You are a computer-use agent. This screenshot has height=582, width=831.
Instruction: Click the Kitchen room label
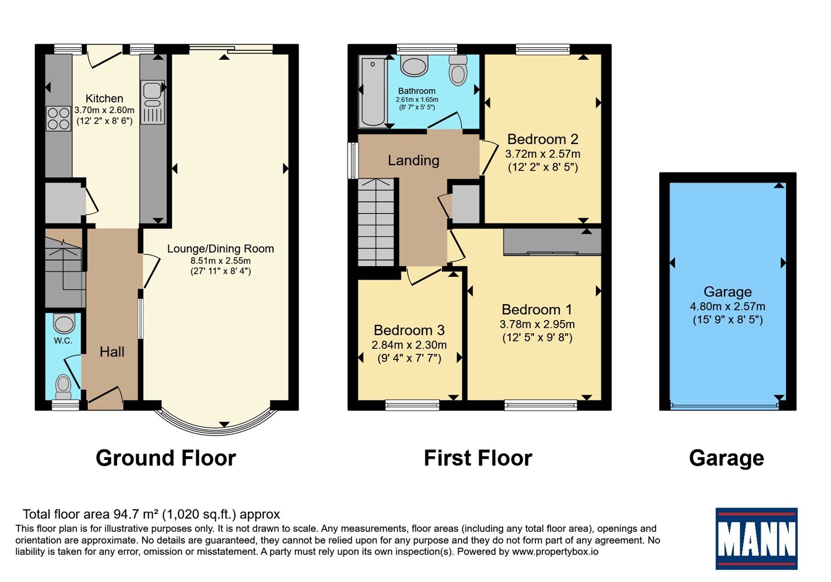104,98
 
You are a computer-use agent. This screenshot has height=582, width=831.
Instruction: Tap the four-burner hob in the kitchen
58,119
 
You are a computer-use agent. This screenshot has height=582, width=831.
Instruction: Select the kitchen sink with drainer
153,102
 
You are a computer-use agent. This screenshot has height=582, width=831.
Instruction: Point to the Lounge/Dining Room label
220,249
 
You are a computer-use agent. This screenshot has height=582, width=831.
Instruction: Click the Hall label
112,352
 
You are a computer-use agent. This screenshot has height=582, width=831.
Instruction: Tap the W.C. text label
63,341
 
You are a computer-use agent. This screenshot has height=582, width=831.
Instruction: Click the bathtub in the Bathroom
373,91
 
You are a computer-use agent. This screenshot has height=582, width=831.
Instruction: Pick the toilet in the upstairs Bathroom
458,70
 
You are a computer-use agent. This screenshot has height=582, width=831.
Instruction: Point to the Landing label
413,161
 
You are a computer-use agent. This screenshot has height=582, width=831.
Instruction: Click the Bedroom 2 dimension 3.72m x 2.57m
543,154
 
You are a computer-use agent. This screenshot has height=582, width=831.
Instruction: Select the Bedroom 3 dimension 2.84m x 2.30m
409,345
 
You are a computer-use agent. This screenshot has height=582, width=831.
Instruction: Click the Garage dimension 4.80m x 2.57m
728,307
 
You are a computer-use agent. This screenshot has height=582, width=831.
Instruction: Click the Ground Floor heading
166,458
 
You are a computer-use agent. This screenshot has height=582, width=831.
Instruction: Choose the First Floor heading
478,458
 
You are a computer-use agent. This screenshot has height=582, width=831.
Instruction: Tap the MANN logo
756,538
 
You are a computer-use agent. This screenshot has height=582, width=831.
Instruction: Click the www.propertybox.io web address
555,551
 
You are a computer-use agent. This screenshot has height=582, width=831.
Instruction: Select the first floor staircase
376,222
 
